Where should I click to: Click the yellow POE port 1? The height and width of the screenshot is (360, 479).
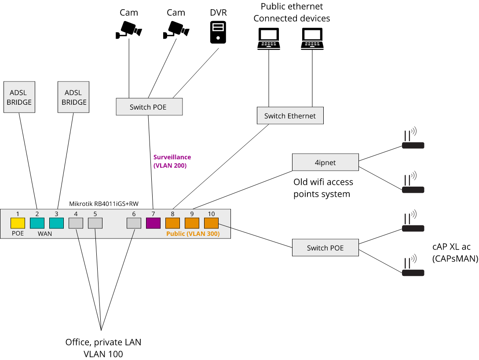[x=18, y=223]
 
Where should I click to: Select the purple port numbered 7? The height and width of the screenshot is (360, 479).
[x=153, y=223]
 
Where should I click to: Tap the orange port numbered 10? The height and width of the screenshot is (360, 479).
[x=211, y=223]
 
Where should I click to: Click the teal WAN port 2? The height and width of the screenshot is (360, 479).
[x=37, y=223]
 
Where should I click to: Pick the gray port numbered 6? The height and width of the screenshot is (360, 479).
[x=134, y=223]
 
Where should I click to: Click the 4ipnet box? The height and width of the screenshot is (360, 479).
[x=325, y=162]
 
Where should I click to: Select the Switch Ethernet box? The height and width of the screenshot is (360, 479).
[x=290, y=116]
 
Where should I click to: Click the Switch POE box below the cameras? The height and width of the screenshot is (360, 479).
[x=149, y=107]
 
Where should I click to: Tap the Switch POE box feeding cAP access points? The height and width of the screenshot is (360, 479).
[x=325, y=248]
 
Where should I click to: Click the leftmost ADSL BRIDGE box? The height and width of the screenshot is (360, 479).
[x=20, y=97]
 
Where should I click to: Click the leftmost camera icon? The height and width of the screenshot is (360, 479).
[x=128, y=30]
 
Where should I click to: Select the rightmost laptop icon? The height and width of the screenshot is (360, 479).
[x=312, y=39]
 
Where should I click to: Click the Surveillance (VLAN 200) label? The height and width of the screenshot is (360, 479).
[x=172, y=162]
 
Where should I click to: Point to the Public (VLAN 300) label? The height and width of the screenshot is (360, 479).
[x=193, y=234]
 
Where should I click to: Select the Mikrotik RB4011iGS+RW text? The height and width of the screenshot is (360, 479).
[x=104, y=204]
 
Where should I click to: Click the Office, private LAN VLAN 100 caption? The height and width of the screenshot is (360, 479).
[x=103, y=348]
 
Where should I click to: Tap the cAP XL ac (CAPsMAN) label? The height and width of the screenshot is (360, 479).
[x=455, y=253]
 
